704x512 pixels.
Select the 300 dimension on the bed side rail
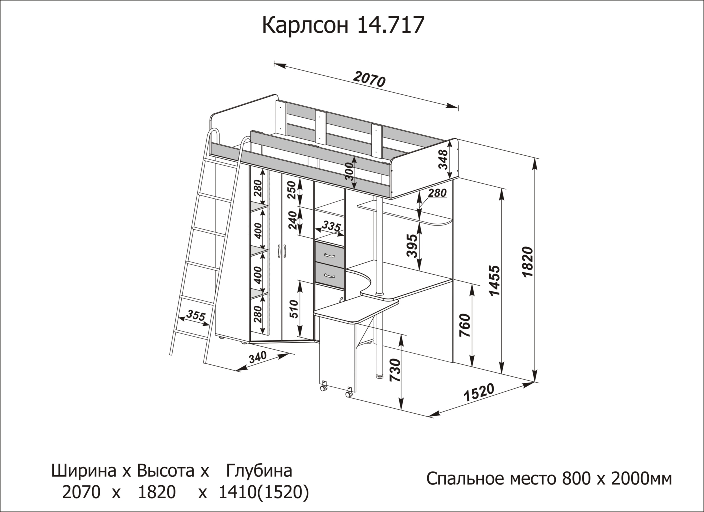click(349, 172)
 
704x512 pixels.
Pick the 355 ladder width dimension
click(196, 316)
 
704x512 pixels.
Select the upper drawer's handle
click(329, 255)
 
